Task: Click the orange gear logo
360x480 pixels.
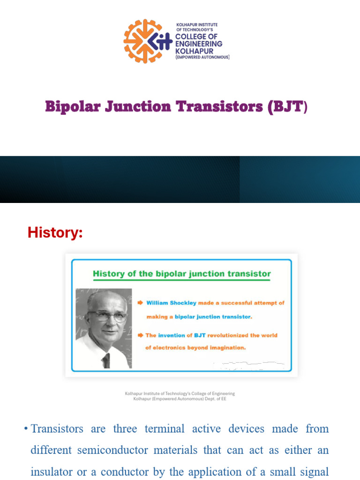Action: (142, 41)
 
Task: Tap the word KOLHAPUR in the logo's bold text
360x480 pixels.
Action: (194, 51)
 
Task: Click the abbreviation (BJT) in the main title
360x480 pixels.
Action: (287, 107)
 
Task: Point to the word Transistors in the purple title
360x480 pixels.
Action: (219, 106)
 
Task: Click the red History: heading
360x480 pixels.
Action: (55, 232)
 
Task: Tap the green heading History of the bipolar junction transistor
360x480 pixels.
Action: (182, 274)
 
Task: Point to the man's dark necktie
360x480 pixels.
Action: (106, 360)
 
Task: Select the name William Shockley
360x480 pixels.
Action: (171, 303)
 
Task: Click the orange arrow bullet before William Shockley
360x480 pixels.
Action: (140, 303)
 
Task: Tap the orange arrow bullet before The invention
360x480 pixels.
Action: (140, 335)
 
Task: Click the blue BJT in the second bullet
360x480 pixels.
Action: (200, 335)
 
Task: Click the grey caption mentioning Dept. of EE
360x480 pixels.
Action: (180, 396)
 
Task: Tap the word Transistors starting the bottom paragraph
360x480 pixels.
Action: (57, 428)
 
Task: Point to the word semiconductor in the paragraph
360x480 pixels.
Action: (112, 450)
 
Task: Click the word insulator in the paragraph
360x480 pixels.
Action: (51, 472)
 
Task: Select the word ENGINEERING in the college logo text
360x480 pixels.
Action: (199, 44)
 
